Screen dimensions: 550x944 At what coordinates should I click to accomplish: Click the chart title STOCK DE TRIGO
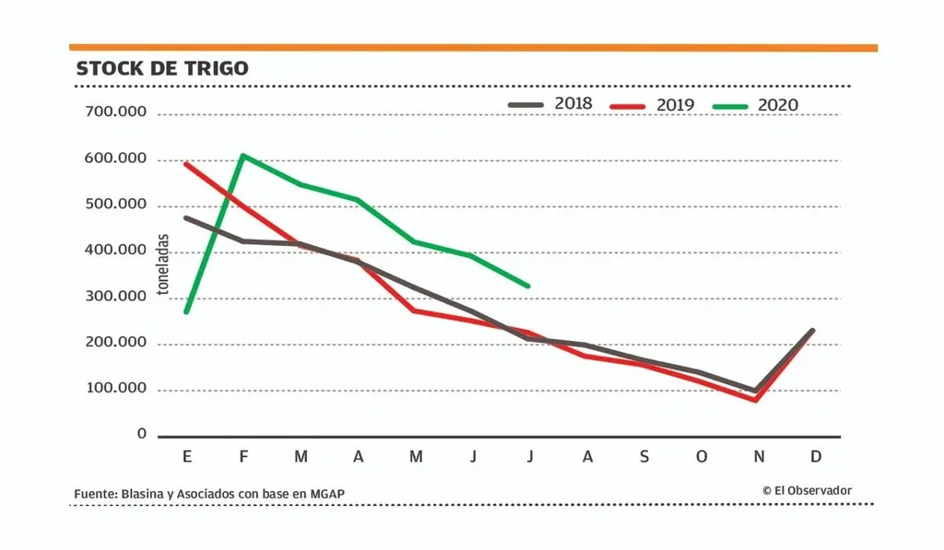point(161,69)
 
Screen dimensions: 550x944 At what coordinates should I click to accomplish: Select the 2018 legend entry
point(550,104)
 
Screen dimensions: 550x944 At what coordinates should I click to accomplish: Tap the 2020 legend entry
point(755,105)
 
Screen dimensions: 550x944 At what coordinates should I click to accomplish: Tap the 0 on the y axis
point(142,434)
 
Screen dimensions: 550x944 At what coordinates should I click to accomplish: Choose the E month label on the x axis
point(188,457)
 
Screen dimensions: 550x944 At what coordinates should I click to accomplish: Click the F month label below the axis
point(244,457)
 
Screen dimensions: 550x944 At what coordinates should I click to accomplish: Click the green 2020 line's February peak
point(242,156)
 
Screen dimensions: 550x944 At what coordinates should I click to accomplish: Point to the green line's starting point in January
point(186,311)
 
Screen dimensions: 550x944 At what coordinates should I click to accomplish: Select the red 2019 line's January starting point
point(186,164)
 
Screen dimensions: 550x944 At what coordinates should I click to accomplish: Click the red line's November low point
point(756,400)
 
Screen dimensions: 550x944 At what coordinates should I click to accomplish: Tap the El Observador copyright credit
point(807,491)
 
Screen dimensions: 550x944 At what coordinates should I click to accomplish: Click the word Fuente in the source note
point(95,495)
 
